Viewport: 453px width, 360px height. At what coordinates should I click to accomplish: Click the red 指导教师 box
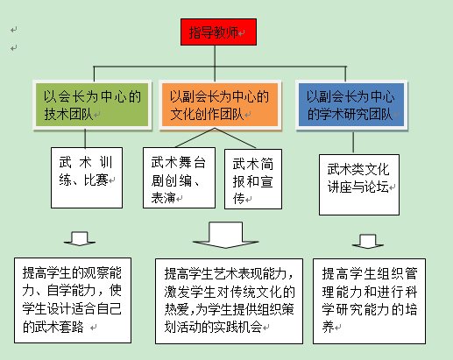[218, 32]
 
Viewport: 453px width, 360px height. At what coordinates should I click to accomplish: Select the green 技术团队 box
[92, 104]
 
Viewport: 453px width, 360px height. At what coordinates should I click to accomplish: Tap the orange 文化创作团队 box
[220, 104]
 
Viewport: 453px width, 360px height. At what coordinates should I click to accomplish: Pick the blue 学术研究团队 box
[351, 104]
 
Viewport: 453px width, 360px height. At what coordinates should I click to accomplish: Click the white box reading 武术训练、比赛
[87, 178]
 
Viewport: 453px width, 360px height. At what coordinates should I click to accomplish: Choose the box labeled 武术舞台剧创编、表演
[179, 178]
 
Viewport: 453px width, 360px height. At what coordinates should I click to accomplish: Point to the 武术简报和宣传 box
[253, 179]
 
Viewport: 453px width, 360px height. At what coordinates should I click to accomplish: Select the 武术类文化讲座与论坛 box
[359, 185]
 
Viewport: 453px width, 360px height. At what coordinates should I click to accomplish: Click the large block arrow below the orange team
[226, 235]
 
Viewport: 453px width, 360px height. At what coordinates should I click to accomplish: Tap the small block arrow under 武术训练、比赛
[80, 239]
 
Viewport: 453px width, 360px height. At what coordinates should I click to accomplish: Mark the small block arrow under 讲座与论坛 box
[368, 241]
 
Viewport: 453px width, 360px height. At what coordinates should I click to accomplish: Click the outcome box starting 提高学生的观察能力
[73, 300]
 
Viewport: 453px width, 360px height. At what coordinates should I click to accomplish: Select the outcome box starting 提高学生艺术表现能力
[229, 301]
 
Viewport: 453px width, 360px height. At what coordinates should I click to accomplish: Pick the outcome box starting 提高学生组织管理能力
[369, 301]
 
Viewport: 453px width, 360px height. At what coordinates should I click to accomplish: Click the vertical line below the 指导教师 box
[215, 64]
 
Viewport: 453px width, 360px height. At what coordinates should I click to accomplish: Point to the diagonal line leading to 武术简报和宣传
[236, 138]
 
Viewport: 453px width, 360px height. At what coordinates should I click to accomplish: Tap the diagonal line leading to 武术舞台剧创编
[195, 138]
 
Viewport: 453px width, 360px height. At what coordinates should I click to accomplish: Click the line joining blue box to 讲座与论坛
[353, 142]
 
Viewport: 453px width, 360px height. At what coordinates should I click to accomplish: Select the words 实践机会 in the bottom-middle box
[237, 327]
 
